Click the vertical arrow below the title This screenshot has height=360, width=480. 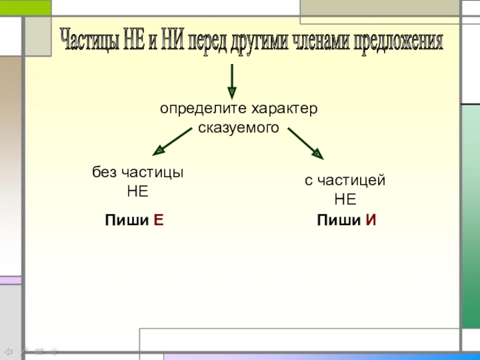click(232, 80)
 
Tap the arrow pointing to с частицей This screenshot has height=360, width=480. click(305, 143)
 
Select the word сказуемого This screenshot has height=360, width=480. click(238, 128)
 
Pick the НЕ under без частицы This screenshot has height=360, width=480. click(137, 192)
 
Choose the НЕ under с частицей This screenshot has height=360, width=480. click(345, 200)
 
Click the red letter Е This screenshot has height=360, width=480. click(158, 220)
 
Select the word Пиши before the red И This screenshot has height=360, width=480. click(338, 220)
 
